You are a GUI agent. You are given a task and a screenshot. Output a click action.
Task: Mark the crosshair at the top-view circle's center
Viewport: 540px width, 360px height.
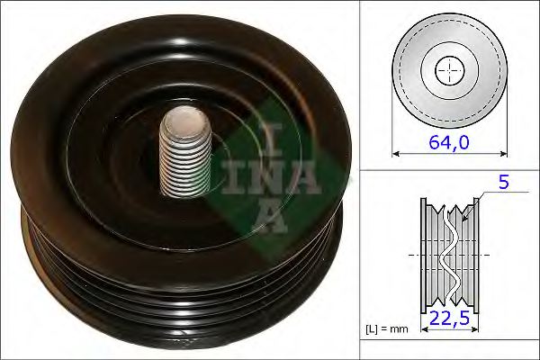[x=449, y=69]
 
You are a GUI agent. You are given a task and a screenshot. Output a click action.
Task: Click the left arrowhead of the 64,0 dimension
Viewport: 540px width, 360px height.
[x=395, y=154]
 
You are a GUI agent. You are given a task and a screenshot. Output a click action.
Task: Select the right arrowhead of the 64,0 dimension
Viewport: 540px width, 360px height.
[x=504, y=154]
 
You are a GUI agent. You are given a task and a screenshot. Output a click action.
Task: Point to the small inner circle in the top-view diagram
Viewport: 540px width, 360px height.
[x=449, y=69]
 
